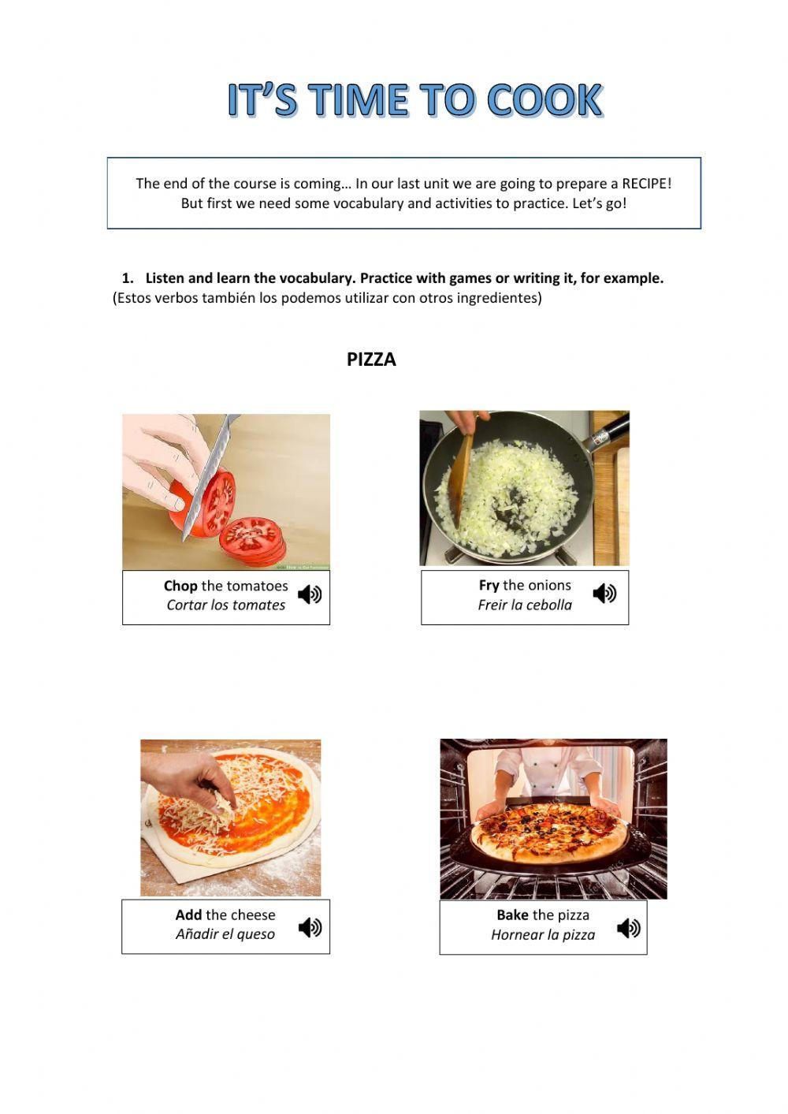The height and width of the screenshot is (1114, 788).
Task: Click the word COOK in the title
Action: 545,100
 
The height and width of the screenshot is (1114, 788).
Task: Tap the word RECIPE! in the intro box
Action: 646,184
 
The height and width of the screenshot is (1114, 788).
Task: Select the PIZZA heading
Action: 371,360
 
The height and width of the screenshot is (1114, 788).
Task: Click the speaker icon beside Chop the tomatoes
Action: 310,594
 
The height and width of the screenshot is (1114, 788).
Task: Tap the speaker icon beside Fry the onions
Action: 604,593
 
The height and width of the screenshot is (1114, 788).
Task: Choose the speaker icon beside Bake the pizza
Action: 628,928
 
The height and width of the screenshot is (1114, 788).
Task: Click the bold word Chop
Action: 180,586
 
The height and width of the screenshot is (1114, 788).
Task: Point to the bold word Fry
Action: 489,585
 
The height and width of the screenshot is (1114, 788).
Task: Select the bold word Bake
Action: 512,915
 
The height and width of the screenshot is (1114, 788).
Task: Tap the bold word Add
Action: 188,915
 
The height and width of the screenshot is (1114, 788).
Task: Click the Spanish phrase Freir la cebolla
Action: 525,605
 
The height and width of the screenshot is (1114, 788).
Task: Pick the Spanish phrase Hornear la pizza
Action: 543,935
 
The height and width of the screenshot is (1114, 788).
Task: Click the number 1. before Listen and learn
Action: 128,278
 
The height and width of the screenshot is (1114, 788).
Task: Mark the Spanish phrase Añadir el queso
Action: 225,934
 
